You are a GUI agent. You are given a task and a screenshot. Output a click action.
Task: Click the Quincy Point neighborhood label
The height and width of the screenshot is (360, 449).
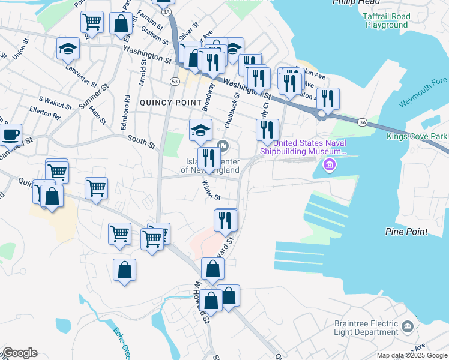click(170, 103)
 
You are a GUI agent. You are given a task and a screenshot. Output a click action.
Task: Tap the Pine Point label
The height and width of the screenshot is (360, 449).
click(407, 232)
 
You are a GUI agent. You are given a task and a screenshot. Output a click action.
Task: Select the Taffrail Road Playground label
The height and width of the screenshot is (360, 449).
click(386, 21)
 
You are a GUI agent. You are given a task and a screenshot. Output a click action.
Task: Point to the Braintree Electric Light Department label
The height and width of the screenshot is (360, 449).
click(366, 328)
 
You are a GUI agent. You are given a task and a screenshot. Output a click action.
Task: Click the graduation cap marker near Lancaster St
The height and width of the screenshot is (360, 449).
click(68, 49)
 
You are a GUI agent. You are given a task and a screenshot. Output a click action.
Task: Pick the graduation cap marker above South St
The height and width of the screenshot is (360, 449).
click(200, 129)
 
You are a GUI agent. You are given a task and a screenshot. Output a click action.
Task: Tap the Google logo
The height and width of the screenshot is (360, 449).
click(20, 353)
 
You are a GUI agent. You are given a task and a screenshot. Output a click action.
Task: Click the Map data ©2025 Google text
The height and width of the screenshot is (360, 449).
click(412, 355)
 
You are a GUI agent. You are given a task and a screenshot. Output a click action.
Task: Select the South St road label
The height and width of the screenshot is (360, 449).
click(142, 142)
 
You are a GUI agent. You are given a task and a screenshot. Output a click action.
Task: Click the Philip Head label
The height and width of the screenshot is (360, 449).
click(349, 3)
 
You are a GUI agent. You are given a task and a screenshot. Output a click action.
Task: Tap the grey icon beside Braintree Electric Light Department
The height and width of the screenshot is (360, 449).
click(408, 326)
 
